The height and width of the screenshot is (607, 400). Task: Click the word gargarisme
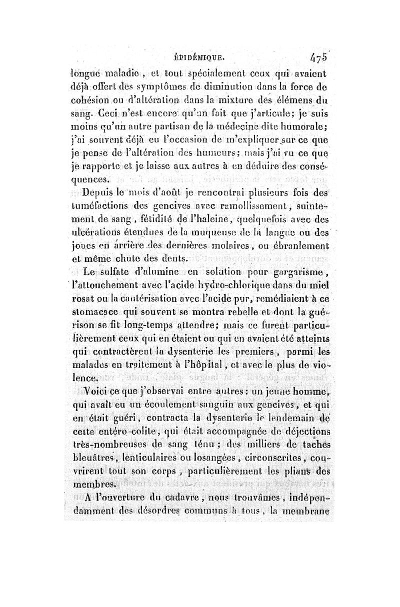306,272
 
